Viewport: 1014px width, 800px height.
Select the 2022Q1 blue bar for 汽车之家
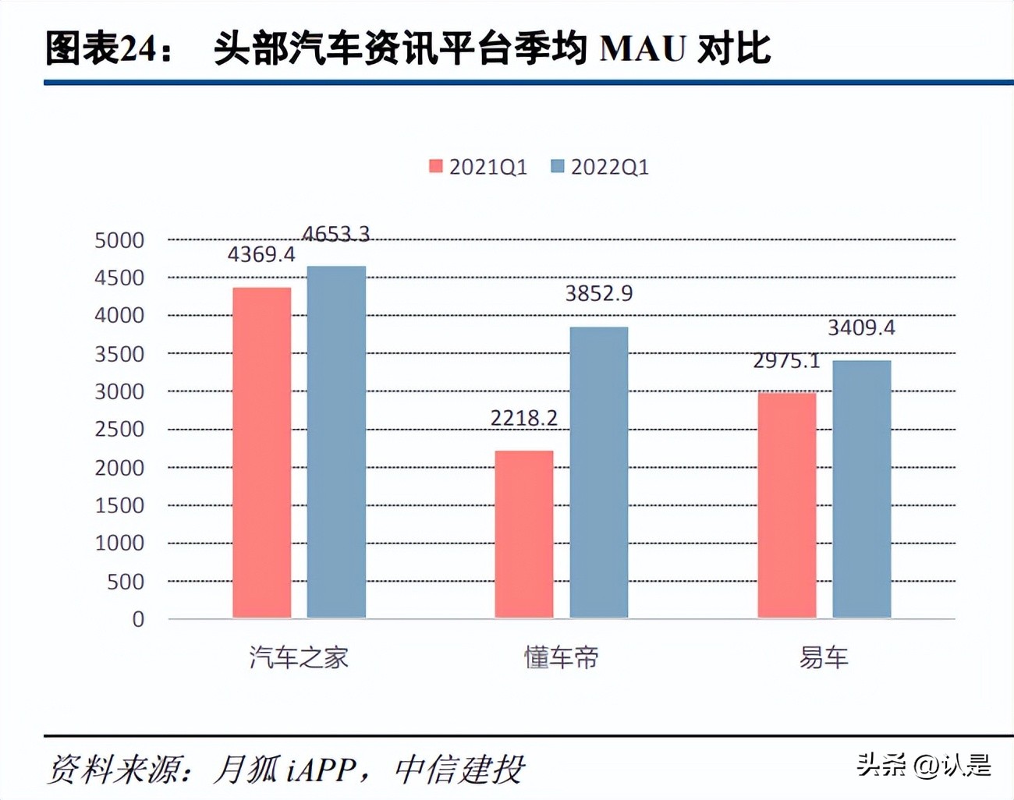click(x=336, y=442)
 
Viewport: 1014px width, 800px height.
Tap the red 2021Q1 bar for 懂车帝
click(x=524, y=534)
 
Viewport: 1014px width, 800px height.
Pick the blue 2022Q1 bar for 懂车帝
click(x=599, y=473)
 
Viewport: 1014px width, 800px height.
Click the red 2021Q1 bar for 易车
click(x=787, y=505)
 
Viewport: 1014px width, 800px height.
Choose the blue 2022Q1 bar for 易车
click(x=862, y=489)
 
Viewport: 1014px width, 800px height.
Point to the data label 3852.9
click(x=599, y=294)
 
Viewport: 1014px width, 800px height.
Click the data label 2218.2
click(x=524, y=419)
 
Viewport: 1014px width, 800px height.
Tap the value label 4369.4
click(x=261, y=255)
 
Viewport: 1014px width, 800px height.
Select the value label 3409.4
click(x=861, y=327)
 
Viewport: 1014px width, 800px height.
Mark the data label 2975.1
click(x=786, y=361)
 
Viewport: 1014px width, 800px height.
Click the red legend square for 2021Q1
click(x=436, y=166)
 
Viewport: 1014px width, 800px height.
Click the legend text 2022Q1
click(x=609, y=167)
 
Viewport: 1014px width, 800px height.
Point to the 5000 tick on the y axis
click(x=119, y=240)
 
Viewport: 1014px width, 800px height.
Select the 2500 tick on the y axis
click(x=119, y=430)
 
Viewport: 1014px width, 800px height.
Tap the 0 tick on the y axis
click(x=138, y=619)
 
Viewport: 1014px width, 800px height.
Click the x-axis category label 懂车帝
click(x=562, y=658)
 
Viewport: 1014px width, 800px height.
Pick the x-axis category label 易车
click(x=824, y=658)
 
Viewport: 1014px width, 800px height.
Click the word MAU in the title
click(x=643, y=48)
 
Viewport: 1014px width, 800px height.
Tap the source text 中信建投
click(x=459, y=770)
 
